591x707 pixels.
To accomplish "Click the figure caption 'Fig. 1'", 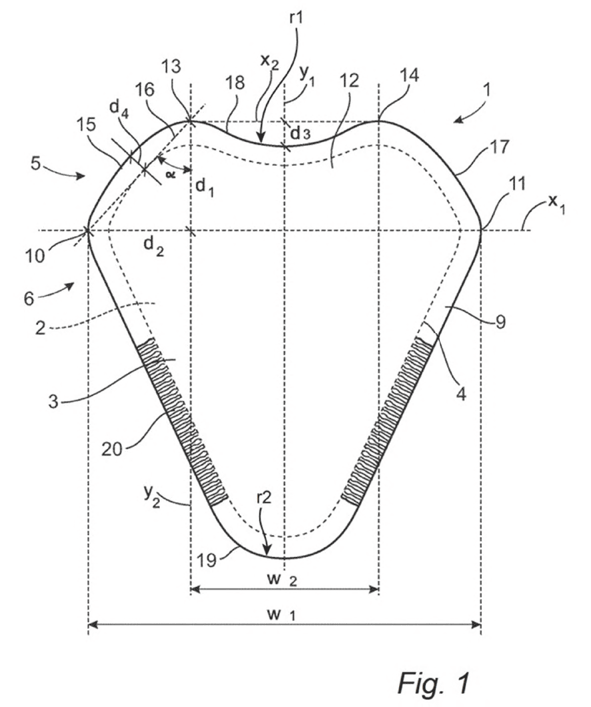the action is tap(434, 682).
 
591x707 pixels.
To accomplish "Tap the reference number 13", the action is tap(172, 66).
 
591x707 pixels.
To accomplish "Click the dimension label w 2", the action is tap(281, 578).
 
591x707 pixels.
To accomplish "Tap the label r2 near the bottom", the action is tap(264, 498).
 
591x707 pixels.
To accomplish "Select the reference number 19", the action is tap(207, 560).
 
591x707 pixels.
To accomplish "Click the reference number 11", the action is tap(517, 184).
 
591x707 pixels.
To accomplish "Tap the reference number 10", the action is tap(35, 256).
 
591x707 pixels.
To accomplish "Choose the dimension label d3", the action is tap(300, 133).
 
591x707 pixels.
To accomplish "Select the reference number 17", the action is tap(498, 147).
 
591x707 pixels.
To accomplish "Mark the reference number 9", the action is tap(500, 321).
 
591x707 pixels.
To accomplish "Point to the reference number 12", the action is tap(349, 81).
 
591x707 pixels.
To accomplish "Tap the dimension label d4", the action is tap(119, 109).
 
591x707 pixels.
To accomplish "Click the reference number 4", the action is tap(460, 394).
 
